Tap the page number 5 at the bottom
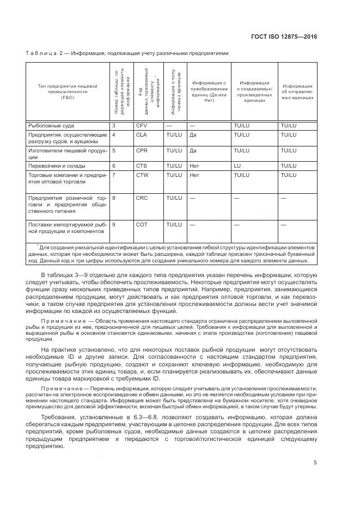point(315,463)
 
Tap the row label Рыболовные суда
point(48,125)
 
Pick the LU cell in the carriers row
point(237,166)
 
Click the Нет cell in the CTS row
point(193,166)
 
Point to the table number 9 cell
point(113,224)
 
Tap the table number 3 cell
point(113,125)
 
